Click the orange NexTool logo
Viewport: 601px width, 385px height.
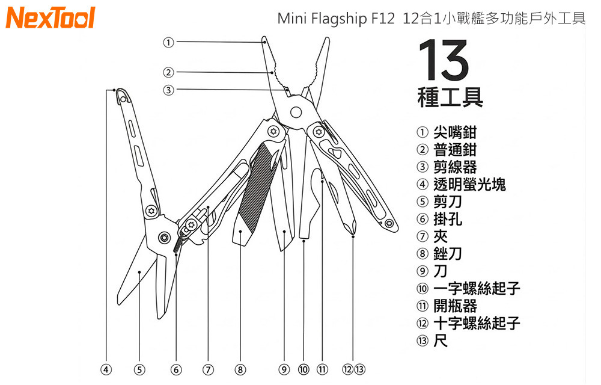click(x=50, y=18)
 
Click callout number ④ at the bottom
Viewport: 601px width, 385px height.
click(x=106, y=369)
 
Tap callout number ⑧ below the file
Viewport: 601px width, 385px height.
click(x=240, y=369)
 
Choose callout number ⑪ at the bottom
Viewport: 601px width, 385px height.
click(x=322, y=369)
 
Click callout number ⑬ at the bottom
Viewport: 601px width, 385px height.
click(x=359, y=369)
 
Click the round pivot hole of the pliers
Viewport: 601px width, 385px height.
click(x=296, y=112)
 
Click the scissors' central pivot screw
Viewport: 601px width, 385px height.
click(x=163, y=238)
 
